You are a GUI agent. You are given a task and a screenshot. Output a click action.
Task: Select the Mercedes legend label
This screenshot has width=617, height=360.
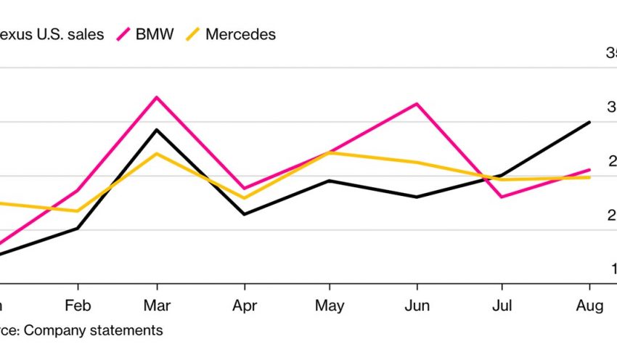240,34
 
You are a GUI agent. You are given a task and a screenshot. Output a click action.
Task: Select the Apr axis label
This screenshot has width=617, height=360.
244,306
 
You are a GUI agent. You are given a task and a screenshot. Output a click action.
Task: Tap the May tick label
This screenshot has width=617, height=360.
330,306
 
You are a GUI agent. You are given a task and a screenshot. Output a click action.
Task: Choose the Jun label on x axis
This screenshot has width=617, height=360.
416,306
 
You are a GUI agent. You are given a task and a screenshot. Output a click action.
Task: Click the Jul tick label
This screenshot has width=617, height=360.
502,306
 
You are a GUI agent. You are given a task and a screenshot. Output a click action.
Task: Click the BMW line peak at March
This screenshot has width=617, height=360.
156,97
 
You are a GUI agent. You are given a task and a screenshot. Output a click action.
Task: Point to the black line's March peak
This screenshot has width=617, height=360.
156,130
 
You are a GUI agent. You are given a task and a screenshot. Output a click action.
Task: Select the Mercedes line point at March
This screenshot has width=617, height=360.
156,153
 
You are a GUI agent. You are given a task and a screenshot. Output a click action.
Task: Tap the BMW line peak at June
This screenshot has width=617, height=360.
416,104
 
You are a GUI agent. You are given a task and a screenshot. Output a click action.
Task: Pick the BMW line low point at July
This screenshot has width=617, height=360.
502,197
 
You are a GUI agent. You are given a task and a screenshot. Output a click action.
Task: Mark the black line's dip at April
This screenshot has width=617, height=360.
243,214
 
